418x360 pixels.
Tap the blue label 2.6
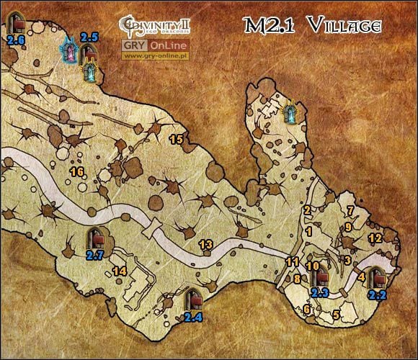coord(14,40)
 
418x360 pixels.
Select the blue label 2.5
coord(89,36)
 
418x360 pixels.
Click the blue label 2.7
coord(95,254)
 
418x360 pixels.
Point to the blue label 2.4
coord(193,316)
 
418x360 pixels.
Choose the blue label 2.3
coord(320,292)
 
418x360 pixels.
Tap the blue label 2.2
coord(377,294)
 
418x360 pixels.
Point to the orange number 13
coord(205,245)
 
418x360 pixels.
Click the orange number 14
coord(120,271)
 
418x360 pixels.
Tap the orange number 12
coord(374,238)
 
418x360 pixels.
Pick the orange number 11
coord(293,261)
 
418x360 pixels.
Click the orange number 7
coord(351,211)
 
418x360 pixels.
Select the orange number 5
coord(336,315)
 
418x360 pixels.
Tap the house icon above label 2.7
coord(95,238)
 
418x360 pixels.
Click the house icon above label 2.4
coord(193,298)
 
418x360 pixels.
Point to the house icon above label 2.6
coord(14,23)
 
